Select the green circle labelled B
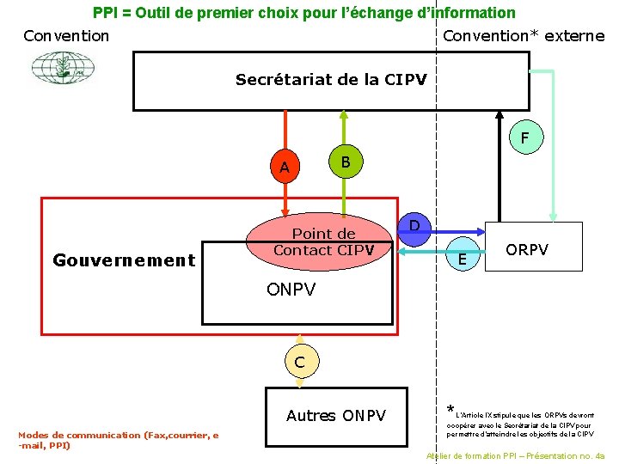point(344,162)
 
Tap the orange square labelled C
point(298,362)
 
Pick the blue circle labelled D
point(414,225)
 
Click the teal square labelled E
point(463,258)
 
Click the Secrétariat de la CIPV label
point(331,80)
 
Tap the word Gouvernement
point(124,259)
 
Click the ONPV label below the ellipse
point(291,290)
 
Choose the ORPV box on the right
point(526,249)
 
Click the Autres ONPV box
point(336,416)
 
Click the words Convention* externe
point(523,36)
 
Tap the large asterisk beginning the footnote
point(450,409)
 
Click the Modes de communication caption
point(118,440)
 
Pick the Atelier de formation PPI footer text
point(515,456)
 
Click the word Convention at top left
point(66,36)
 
